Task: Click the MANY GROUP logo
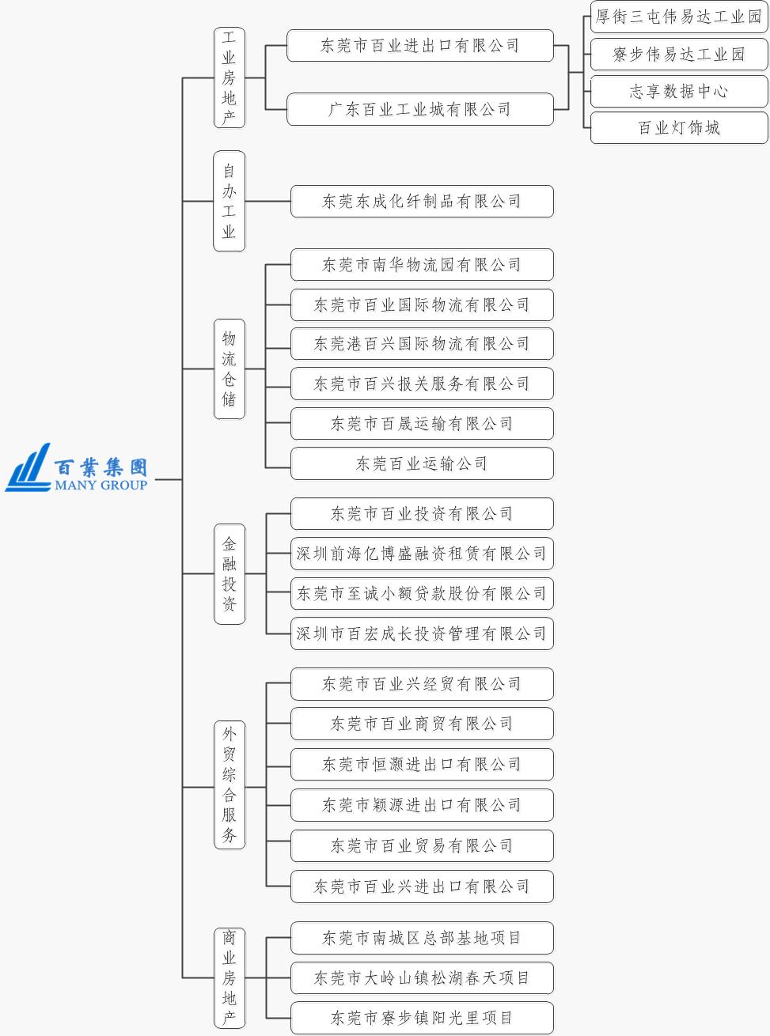pos(77,468)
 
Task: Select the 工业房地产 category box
pos(229,78)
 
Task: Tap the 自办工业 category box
pos(229,201)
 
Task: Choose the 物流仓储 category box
pos(229,369)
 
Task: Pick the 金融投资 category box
pos(229,573)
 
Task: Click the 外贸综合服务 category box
pos(229,785)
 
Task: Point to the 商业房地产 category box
pos(229,978)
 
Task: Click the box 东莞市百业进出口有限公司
pos(420,46)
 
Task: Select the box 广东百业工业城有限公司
pos(420,109)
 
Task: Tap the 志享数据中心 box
pos(679,91)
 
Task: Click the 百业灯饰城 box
pos(679,128)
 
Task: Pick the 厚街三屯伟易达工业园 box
pos(679,17)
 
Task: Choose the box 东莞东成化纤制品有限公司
pos(422,201)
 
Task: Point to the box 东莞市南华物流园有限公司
pos(422,264)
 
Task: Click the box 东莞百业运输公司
pos(422,463)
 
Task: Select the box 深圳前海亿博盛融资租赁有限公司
pos(422,554)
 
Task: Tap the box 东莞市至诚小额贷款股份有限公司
pos(422,593)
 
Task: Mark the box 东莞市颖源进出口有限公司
pos(422,805)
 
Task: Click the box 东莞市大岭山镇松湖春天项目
pos(422,978)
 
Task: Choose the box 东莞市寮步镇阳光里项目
pos(422,1018)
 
